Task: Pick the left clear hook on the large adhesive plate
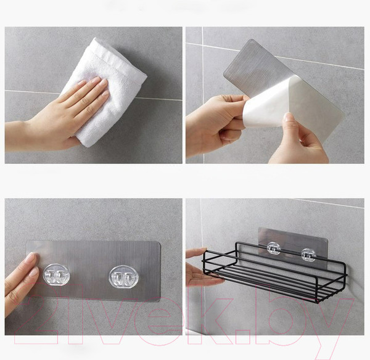pyautogui.click(x=56, y=275)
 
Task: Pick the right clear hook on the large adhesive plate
pyautogui.click(x=123, y=277)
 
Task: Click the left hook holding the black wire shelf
pyautogui.click(x=274, y=248)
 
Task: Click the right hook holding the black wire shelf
pyautogui.click(x=308, y=255)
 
